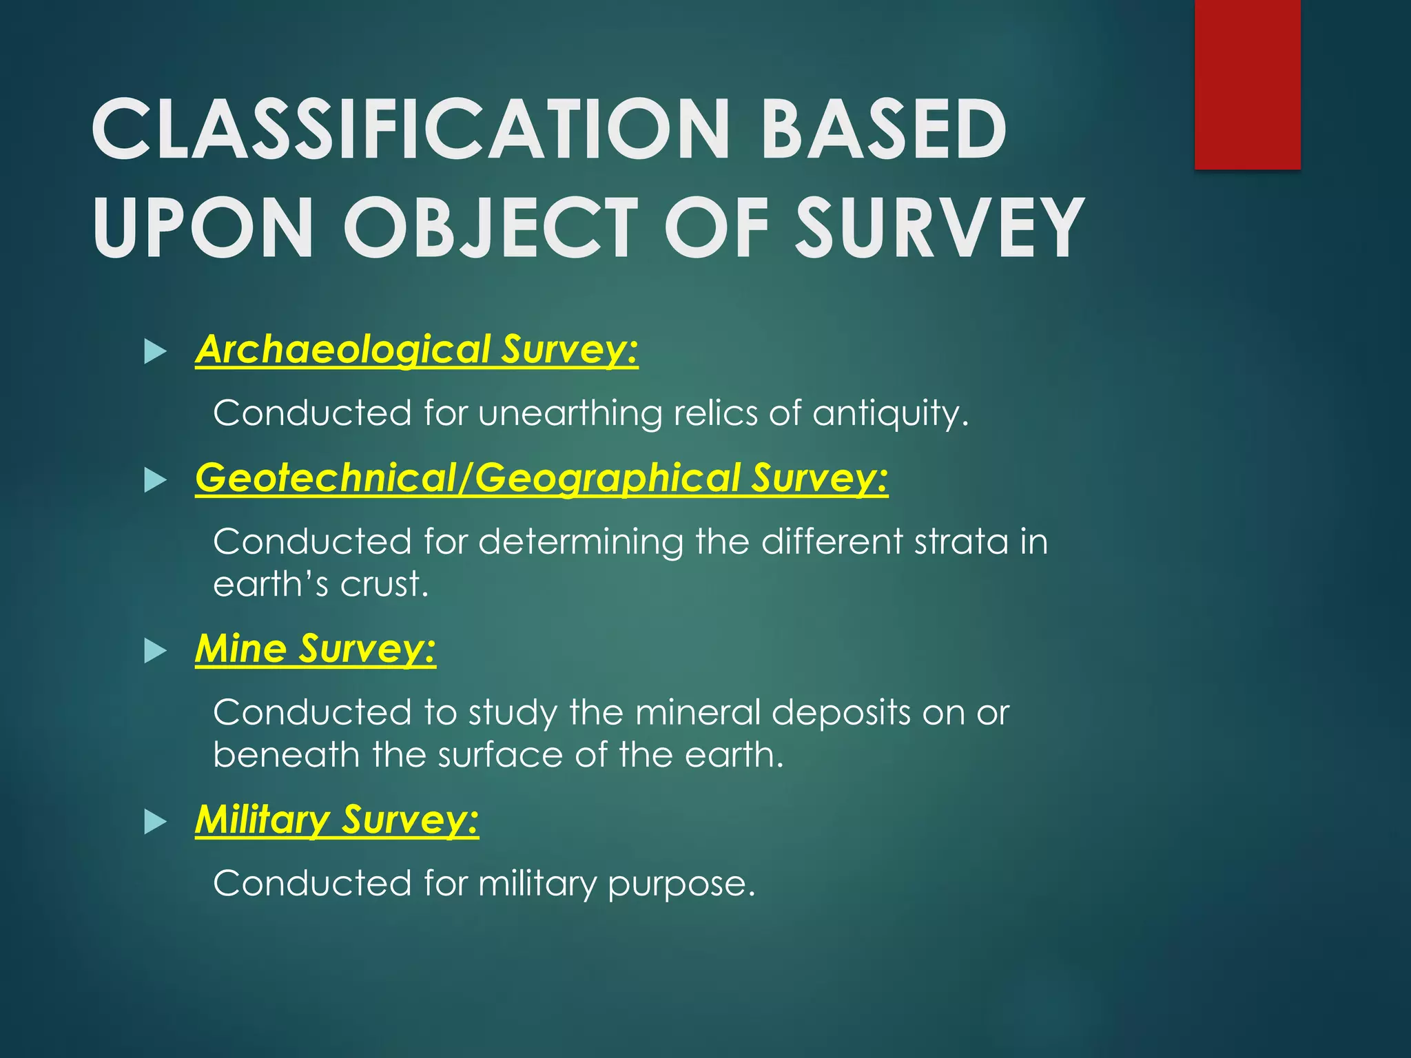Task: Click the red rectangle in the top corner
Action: [1247, 84]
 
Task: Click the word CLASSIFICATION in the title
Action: [411, 129]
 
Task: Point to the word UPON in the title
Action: [203, 227]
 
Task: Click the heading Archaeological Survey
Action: [417, 349]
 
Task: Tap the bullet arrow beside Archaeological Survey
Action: [155, 352]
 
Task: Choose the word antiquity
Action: [890, 414]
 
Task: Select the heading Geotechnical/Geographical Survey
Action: [542, 477]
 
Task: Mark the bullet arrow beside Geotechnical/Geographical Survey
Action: [155, 480]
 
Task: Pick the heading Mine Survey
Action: [316, 648]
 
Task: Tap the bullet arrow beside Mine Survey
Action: [155, 651]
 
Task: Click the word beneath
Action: [287, 755]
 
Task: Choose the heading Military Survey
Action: [337, 819]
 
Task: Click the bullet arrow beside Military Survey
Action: [155, 822]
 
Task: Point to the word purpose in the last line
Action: [681, 884]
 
